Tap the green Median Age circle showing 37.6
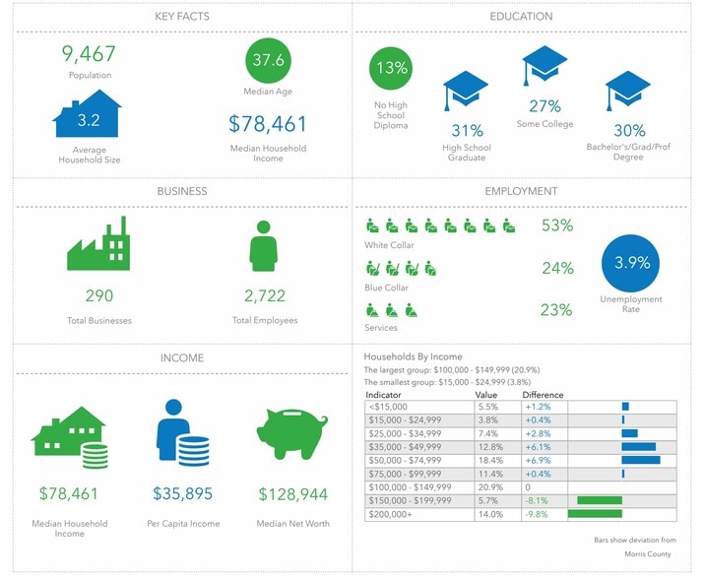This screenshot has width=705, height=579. [269, 61]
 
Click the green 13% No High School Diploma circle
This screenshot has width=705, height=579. [392, 69]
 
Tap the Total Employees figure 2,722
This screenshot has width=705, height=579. [264, 295]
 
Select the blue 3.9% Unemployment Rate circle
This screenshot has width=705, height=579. [631, 263]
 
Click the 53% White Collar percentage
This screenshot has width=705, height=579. [556, 225]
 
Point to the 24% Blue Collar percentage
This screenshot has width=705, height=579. [556, 268]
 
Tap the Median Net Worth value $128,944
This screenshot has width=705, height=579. [292, 493]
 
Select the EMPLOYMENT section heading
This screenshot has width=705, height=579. [521, 191]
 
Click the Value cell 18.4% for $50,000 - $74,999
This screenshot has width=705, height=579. [488, 460]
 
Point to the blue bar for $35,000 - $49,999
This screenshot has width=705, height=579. [639, 446]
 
